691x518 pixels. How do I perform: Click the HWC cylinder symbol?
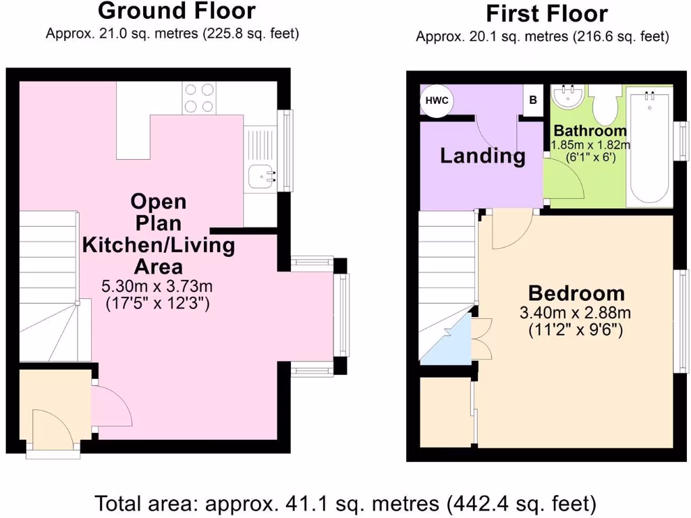437,100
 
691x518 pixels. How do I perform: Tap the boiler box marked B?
533,100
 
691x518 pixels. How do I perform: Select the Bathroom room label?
590,131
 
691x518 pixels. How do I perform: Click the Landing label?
482,156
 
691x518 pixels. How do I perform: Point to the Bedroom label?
576,293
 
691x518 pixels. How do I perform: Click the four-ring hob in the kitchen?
198,97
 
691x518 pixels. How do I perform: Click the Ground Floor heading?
177,11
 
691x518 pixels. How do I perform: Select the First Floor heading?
547,13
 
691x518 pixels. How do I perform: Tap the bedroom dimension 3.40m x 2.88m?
575,313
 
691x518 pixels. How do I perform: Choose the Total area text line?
345,503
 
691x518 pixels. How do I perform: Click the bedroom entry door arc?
512,229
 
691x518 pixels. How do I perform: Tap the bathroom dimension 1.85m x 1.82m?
590,145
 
